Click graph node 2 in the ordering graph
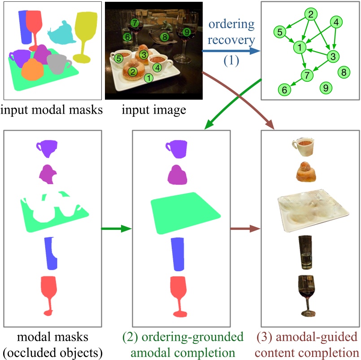310,14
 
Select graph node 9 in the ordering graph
326,88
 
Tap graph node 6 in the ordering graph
283,90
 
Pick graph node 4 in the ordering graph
337,22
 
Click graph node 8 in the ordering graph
344,71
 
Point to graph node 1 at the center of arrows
299,46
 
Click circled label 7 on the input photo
135,22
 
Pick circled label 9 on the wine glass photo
187,31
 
